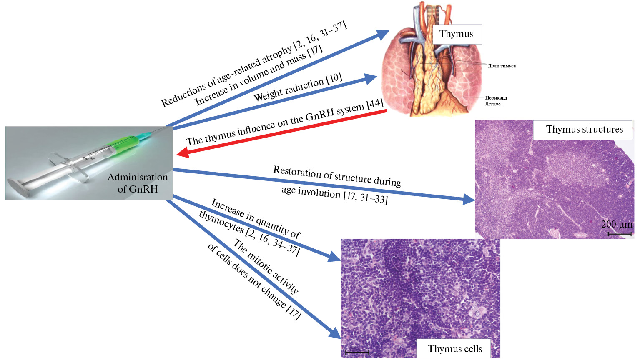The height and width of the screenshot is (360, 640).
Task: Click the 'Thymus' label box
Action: [x=456, y=34]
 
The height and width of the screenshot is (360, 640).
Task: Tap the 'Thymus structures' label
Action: [x=584, y=130]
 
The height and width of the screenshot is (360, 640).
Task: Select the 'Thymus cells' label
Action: [x=454, y=349]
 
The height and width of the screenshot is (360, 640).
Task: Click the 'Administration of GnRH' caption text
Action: [x=138, y=183]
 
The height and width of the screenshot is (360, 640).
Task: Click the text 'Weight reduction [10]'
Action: [x=298, y=87]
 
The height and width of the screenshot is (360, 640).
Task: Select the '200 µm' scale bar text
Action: [x=617, y=225]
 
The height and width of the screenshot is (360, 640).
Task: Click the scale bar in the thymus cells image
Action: [x=357, y=352]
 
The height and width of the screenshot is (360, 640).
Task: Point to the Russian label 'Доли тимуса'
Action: [x=502, y=66]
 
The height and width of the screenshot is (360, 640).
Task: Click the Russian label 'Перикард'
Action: [x=496, y=98]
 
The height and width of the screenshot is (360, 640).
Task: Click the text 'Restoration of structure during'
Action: [x=337, y=176]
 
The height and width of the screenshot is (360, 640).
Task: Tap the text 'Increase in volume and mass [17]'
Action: [x=259, y=75]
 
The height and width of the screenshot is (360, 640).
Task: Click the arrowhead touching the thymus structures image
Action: [x=469, y=200]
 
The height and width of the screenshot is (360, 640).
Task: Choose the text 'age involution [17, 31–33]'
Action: [x=334, y=196]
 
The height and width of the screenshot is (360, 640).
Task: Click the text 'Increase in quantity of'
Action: [x=256, y=218]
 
